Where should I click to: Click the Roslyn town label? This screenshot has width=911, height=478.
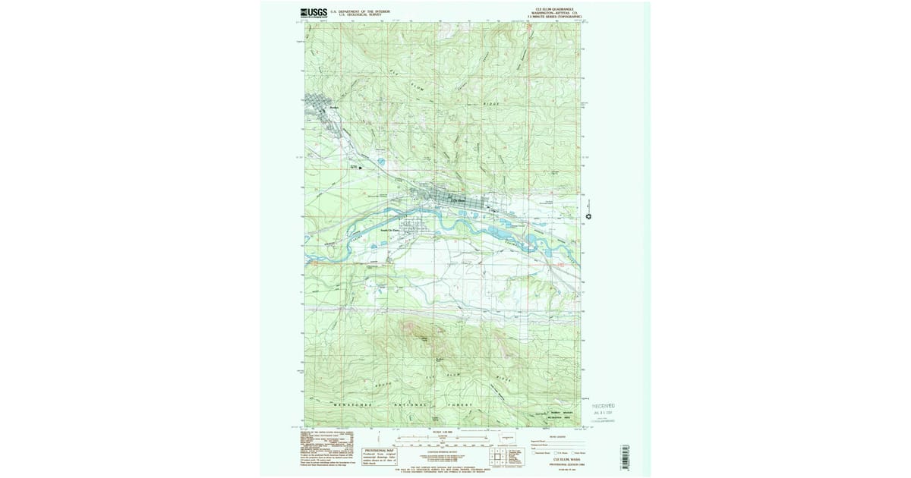pyautogui.click(x=332, y=108)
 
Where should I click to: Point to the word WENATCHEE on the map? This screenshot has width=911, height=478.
pyautogui.click(x=349, y=405)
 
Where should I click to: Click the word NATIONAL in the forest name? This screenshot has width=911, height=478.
pyautogui.click(x=411, y=405)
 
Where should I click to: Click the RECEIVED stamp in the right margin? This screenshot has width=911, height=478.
pyautogui.click(x=604, y=407)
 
